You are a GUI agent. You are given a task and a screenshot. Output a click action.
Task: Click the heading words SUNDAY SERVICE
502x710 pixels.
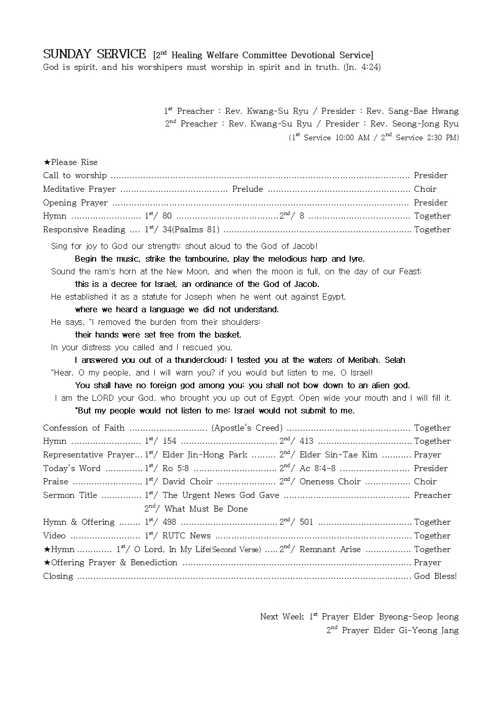coord(94,54)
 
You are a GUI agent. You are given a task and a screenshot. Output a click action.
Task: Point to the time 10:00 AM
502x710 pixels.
coord(352,138)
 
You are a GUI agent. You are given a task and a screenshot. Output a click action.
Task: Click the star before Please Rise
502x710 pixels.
coord(47,162)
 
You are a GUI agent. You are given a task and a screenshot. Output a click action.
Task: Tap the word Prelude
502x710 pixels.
coord(247,189)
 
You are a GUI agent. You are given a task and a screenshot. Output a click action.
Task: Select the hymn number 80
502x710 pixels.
coord(167,216)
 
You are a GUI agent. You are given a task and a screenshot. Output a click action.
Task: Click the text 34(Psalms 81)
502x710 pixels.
coord(191,229)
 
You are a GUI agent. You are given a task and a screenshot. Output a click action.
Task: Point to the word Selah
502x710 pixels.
coord(395,360)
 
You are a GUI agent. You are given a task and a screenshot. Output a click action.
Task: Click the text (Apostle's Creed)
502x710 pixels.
coord(247,428)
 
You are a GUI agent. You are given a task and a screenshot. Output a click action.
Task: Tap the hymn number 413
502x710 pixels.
coord(306,441)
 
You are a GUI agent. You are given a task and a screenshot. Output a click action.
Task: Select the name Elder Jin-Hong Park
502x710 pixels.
coord(205,454)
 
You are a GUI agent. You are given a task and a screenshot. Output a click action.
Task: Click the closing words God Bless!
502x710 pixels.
coord(435,576)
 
